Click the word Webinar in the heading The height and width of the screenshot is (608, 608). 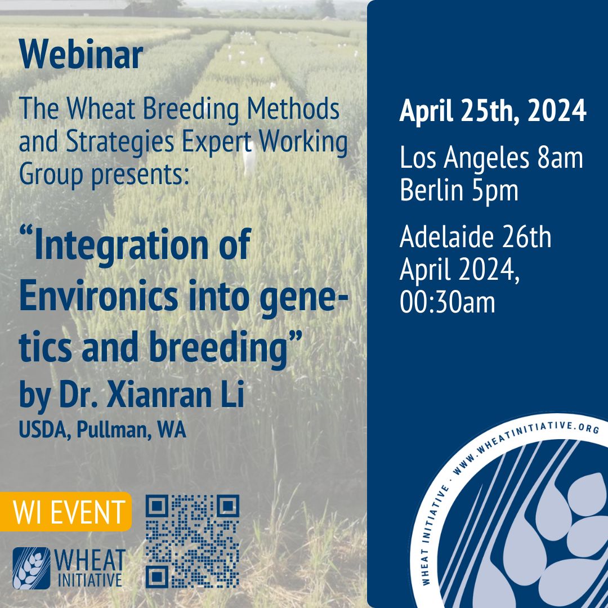point(81,55)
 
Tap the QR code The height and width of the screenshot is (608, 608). point(193,542)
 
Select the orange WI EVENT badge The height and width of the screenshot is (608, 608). point(69,512)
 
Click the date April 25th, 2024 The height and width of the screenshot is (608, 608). point(493,110)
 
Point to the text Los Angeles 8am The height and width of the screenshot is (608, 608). point(491,158)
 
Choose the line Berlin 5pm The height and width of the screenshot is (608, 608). point(459,190)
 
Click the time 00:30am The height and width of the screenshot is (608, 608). point(448,302)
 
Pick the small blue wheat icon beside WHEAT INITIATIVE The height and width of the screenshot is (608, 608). point(31,567)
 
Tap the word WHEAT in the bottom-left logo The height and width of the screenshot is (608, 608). point(91,560)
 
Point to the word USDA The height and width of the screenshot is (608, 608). point(40,431)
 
